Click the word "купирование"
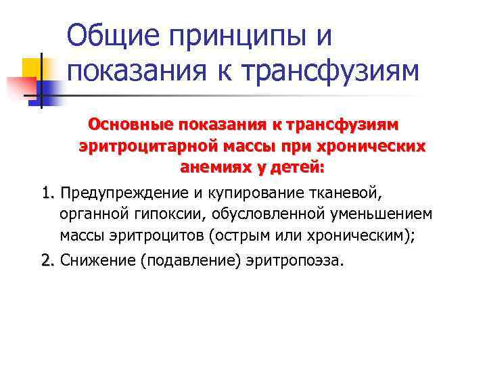[248, 195]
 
